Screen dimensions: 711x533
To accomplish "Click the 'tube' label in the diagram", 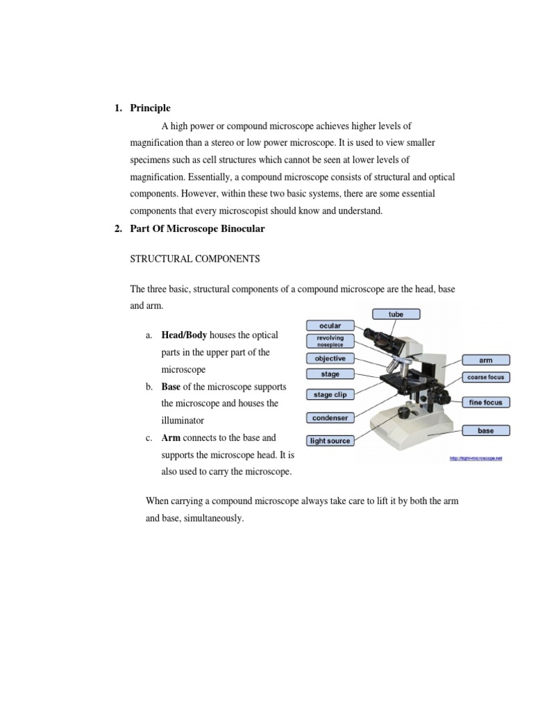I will (396, 314).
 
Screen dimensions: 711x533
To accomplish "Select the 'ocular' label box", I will (330, 326).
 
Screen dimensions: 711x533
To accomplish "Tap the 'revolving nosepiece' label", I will (330, 341).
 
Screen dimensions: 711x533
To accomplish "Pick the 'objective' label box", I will (330, 358).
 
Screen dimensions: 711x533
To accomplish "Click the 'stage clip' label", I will (330, 394).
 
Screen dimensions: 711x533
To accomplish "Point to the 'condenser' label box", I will (330, 418).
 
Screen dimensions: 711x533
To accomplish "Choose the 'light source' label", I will (330, 441).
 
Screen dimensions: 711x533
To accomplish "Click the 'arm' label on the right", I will (486, 360).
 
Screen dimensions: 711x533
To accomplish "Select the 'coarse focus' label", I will (486, 378).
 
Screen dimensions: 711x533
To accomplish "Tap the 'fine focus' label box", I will (486, 402).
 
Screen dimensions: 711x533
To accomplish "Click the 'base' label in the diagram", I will (486, 430).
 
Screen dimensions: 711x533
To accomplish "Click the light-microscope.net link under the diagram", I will (475, 458).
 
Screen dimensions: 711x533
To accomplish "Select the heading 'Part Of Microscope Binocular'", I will (198, 229).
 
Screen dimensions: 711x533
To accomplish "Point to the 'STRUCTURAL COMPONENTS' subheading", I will (195, 259).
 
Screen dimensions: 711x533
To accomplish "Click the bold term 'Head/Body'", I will (184, 335).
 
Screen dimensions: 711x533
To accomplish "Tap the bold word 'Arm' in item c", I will (170, 438).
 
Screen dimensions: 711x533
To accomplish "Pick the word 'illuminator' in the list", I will (184, 421).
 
